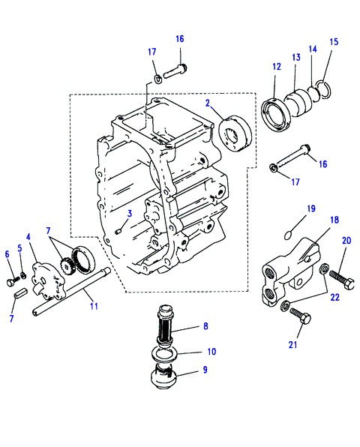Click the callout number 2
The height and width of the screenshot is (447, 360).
[208, 103]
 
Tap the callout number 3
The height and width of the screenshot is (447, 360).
[130, 214]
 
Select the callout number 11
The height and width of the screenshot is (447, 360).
[94, 306]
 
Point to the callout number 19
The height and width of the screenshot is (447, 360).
[311, 208]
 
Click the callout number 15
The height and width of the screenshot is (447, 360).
[334, 42]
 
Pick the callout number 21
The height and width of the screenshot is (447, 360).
[292, 345]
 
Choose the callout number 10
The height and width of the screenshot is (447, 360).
[211, 352]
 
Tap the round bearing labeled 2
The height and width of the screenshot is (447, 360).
[235, 133]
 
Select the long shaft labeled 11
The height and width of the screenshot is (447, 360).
[72, 291]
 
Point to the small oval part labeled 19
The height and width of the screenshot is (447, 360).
[288, 235]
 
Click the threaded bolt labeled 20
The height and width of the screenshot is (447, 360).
[342, 279]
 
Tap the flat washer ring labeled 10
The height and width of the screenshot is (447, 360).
[165, 354]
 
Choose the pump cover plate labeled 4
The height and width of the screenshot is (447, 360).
[47, 280]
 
